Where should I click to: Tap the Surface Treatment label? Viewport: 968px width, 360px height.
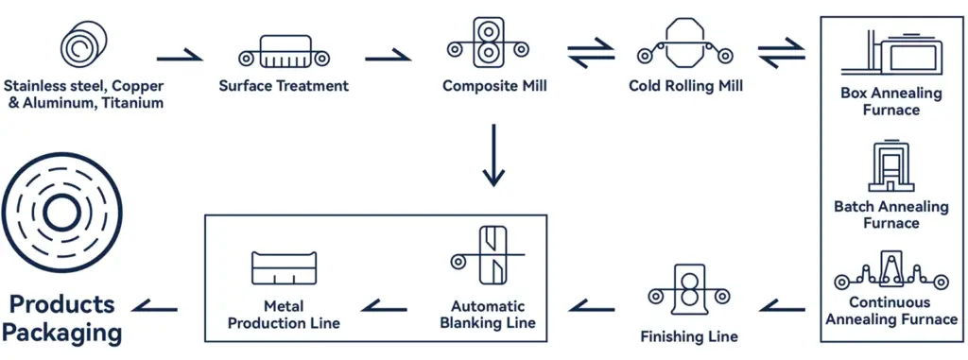coord(284,86)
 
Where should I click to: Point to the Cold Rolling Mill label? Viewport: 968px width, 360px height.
coord(685,86)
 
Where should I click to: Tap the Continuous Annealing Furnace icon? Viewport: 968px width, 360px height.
coord(891,273)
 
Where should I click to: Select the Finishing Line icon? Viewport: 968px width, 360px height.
coord(688,291)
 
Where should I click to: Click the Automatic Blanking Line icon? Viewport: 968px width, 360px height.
coord(493,255)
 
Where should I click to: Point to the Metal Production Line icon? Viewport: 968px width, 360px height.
coord(284,267)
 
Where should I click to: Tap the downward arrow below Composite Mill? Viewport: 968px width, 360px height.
coord(493,155)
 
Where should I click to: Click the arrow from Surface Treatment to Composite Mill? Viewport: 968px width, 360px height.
coord(388,56)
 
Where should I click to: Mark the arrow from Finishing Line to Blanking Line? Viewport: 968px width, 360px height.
coord(591,304)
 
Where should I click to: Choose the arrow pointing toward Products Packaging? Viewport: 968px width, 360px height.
coord(155,304)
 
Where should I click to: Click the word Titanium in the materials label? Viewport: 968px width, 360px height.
coord(128,103)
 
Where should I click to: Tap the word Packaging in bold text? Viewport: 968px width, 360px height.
coord(61,333)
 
